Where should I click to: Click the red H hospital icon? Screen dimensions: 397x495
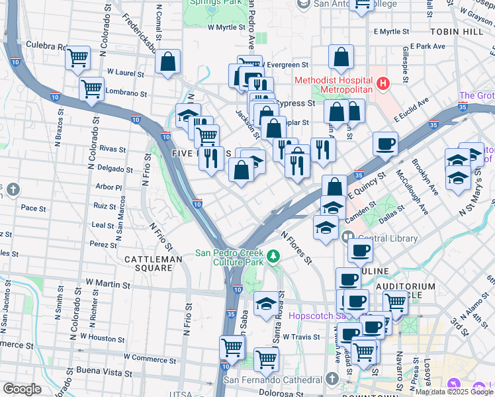point(382,83)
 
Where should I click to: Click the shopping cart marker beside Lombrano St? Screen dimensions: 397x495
point(91,88)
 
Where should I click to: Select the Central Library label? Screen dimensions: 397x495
point(388,238)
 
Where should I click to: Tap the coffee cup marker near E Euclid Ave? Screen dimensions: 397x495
point(385,144)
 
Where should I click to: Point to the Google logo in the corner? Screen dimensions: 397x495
point(22,388)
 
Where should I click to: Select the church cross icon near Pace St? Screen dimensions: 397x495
point(13,191)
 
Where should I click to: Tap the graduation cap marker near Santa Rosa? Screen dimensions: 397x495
point(266,303)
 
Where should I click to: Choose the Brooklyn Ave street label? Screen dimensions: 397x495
point(424,176)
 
